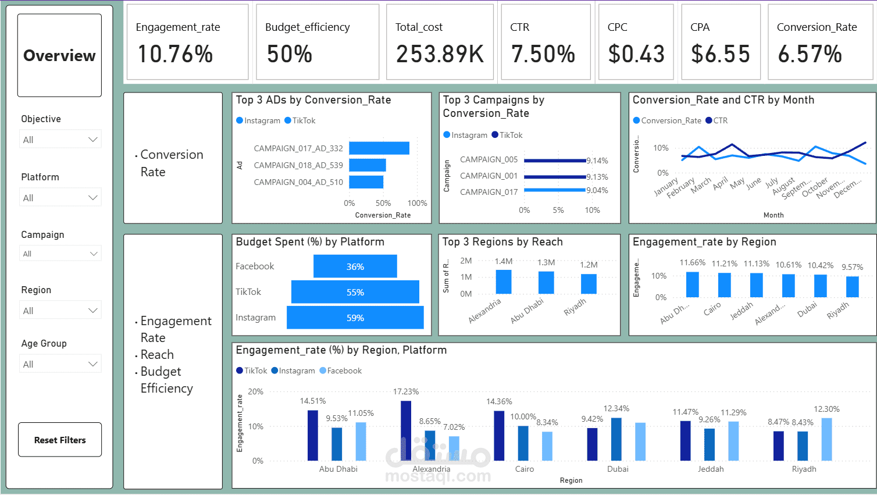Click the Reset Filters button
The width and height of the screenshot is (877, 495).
60,440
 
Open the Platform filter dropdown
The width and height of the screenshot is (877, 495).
60,198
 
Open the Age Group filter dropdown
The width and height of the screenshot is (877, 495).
60,364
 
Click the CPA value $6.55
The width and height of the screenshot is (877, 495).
721,55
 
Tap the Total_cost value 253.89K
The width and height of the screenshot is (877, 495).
440,55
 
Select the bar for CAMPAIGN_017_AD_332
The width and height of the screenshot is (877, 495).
379,148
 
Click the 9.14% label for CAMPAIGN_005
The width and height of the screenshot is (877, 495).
597,161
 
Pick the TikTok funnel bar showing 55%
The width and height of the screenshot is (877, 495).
355,292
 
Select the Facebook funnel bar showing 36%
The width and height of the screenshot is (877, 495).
355,266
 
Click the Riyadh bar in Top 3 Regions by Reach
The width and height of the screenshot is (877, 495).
589,284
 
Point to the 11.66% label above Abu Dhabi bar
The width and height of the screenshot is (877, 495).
692,263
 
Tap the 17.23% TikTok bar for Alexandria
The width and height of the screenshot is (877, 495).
406,430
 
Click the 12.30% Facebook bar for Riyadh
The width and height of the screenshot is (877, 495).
826,439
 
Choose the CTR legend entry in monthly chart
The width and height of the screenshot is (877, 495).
716,120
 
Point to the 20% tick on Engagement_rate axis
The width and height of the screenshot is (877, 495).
256,391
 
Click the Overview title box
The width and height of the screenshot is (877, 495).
60,55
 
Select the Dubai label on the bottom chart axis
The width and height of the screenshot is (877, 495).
618,469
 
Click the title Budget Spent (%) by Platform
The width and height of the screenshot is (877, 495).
310,242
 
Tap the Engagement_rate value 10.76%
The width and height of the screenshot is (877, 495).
175,55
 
